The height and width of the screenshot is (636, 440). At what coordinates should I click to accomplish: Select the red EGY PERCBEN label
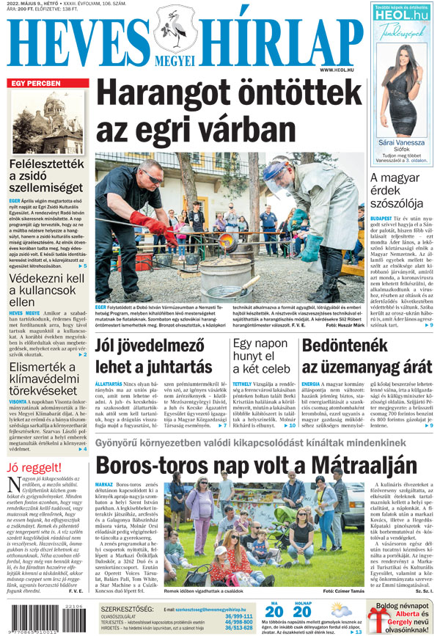click(34, 84)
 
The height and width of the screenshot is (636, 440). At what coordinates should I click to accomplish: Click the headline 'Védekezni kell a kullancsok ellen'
click(45, 289)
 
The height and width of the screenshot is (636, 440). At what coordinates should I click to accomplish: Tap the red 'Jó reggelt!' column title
click(33, 467)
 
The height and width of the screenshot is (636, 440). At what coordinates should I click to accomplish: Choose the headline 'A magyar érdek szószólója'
click(396, 190)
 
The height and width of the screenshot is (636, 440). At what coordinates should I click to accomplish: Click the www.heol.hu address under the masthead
click(337, 70)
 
